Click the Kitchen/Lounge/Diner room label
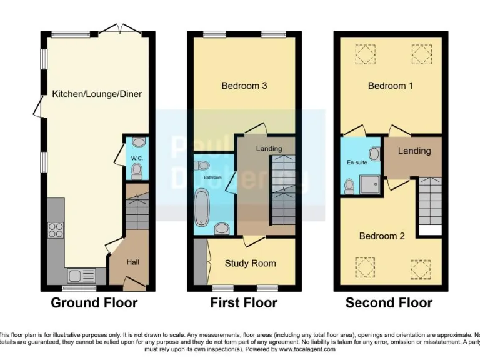(97, 94)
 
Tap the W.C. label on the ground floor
(137, 159)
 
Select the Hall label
(132, 262)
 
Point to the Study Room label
(250, 263)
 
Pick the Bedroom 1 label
(391, 86)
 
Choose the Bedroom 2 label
(382, 236)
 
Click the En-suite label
(357, 162)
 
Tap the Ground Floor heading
(94, 303)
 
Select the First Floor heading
(244, 303)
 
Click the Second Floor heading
(389, 303)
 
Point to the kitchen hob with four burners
(56, 229)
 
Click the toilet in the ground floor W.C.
(139, 142)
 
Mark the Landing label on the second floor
(414, 151)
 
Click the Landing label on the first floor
(269, 149)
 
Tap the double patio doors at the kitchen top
(118, 29)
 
